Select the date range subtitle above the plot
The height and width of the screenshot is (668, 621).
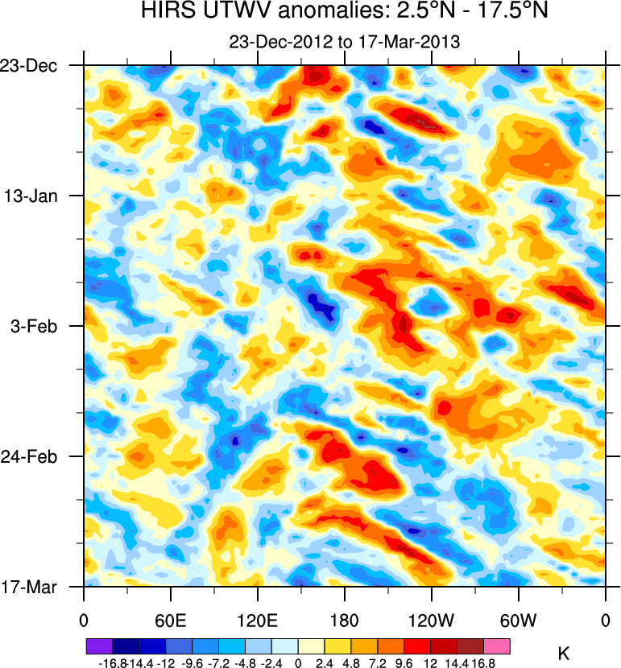[344, 43]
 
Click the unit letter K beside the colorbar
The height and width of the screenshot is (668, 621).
[564, 655]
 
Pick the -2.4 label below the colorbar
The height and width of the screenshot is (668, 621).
[271, 662]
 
